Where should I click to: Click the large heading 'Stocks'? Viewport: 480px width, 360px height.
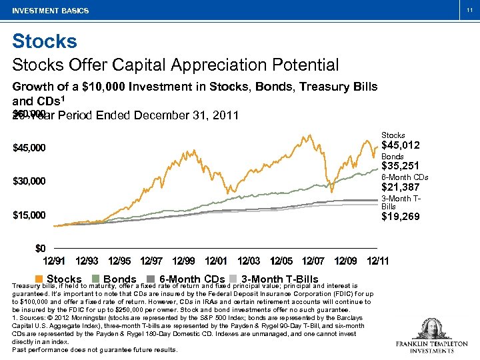[45, 41]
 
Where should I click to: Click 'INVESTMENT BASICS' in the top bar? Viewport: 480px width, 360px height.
[50, 11]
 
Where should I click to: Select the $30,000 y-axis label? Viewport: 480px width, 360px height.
[29, 181]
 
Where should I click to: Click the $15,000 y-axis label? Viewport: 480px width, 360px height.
[29, 215]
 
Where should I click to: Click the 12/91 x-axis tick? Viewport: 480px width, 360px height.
[54, 261]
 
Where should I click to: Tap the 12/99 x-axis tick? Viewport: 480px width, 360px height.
[183, 261]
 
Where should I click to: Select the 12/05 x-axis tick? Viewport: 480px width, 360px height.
[281, 261]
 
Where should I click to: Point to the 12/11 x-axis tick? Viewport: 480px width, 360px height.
[379, 261]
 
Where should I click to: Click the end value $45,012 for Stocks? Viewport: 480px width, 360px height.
[400, 146]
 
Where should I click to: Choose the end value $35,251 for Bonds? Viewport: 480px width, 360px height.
[400, 167]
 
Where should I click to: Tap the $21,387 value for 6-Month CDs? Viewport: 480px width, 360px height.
[400, 188]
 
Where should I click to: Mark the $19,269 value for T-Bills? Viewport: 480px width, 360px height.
[400, 217]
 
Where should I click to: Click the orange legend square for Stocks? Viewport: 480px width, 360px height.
[39, 279]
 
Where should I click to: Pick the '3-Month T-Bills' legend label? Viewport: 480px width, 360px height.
[279, 279]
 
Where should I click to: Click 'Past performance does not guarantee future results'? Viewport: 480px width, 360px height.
[95, 350]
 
